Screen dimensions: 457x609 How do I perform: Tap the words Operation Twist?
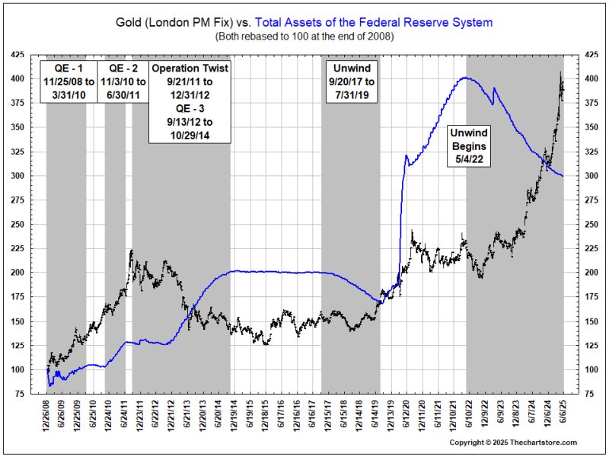190,68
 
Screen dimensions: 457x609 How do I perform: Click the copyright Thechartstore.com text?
512,442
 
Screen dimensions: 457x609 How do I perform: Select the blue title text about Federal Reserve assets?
396,22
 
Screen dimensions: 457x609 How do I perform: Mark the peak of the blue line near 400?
465,78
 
